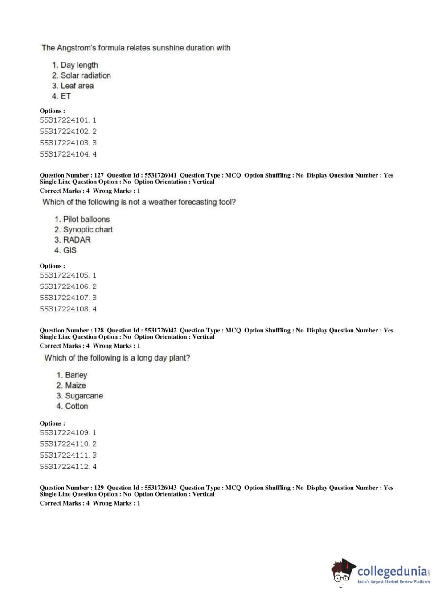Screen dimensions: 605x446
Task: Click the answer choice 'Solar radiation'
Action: coord(86,75)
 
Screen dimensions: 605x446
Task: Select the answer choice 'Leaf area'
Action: coord(77,86)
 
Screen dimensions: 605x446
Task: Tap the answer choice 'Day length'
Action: coord(79,65)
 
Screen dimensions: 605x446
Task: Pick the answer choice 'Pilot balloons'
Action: coord(86,219)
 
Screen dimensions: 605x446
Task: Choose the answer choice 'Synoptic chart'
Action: coord(88,229)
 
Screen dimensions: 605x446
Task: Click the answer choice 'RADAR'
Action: coord(77,240)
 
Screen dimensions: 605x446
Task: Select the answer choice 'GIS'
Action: coord(70,250)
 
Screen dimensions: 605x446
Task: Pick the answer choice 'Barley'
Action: coord(76,375)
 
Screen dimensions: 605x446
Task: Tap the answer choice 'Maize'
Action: coord(75,385)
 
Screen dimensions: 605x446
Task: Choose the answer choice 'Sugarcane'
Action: coord(84,396)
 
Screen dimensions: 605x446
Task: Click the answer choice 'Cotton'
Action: coord(76,406)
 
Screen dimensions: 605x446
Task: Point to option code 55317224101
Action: coord(64,120)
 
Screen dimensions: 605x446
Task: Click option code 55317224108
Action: coord(64,309)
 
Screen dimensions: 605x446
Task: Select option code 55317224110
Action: coord(64,444)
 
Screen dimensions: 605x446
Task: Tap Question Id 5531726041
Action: coord(160,175)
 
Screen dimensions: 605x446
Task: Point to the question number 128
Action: coord(99,330)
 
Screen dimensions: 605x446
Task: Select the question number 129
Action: coord(99,488)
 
